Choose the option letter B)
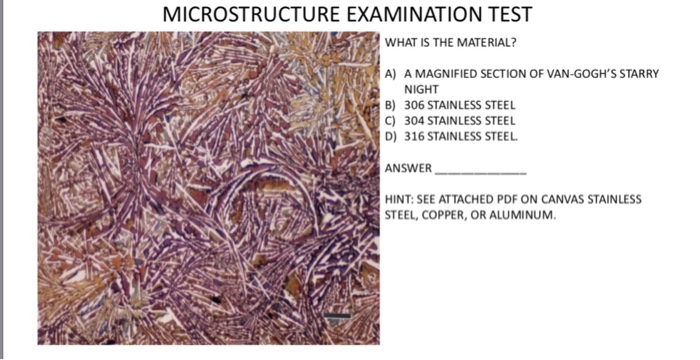tap(391, 104)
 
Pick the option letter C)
tap(391, 119)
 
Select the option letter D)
tap(391, 135)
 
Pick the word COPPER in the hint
tap(439, 214)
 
